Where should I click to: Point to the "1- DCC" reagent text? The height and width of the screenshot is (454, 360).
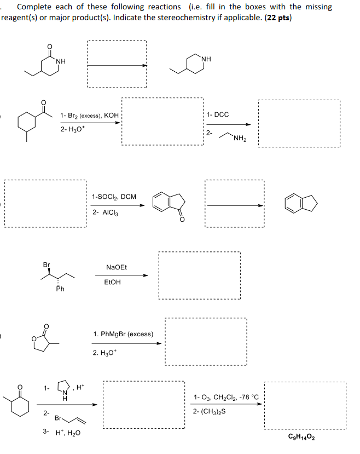[x=218, y=114]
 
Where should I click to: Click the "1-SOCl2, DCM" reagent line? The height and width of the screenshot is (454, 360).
[x=114, y=196]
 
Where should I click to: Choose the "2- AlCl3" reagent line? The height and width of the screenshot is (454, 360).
[x=106, y=212]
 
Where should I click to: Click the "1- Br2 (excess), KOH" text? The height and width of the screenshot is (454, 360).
[x=89, y=116]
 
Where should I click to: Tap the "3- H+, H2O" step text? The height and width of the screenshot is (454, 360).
[x=61, y=432]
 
